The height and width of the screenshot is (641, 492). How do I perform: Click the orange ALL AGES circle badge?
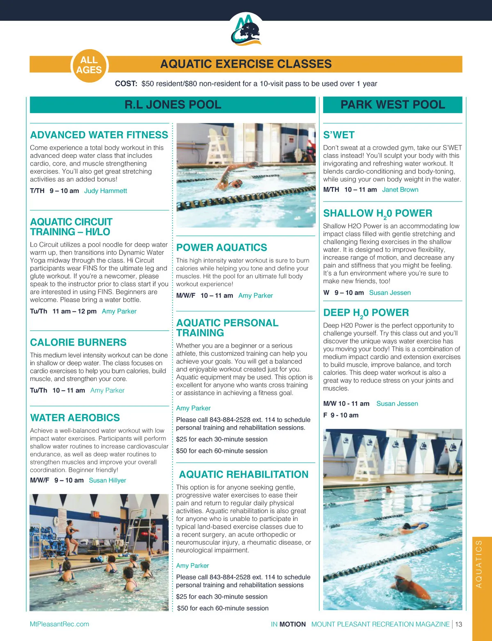pyautogui.click(x=89, y=65)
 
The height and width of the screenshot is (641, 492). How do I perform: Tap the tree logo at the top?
pyautogui.click(x=246, y=30)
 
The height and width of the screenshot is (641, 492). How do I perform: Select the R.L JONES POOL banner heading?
pyautogui.click(x=173, y=105)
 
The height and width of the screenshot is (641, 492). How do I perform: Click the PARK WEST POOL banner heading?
pyautogui.click(x=392, y=105)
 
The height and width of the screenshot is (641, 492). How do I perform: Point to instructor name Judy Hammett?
pyautogui.click(x=105, y=191)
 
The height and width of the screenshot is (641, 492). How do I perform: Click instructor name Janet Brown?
pyautogui.click(x=400, y=190)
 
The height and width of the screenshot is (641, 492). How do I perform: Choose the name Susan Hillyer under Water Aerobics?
pyautogui.click(x=107, y=480)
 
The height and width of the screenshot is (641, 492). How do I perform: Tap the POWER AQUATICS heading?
pyautogui.click(x=221, y=248)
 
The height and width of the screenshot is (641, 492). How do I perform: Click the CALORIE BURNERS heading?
pyautogui.click(x=78, y=342)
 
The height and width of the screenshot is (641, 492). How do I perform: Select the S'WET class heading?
pyautogui.click(x=339, y=135)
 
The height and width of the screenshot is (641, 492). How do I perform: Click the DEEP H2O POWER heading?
pyautogui.click(x=366, y=313)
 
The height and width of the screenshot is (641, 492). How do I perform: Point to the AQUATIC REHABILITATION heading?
pyautogui.click(x=244, y=475)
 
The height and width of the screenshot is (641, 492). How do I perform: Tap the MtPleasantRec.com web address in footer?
pyautogui.click(x=59, y=624)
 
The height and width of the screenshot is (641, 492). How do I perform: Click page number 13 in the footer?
pyautogui.click(x=458, y=624)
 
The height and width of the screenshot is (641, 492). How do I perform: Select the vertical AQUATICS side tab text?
pyautogui.click(x=478, y=564)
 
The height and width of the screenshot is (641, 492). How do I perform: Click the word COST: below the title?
pyautogui.click(x=126, y=84)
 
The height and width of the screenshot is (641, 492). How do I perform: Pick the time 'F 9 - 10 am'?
pyautogui.click(x=341, y=415)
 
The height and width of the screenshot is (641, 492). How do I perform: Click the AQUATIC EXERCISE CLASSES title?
pyautogui.click(x=246, y=64)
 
